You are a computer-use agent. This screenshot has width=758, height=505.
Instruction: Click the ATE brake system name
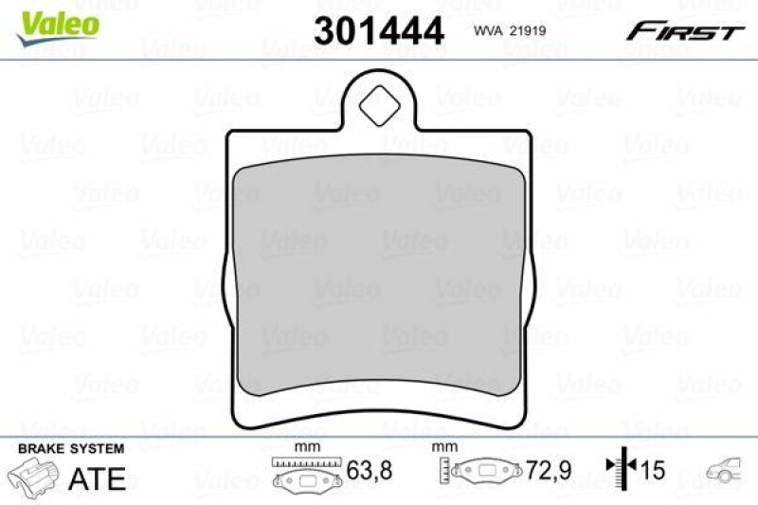pos(98,478)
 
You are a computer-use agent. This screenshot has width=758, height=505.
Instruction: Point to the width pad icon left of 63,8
pos(304,474)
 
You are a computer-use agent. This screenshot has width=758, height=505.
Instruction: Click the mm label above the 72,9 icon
pos(441,447)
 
